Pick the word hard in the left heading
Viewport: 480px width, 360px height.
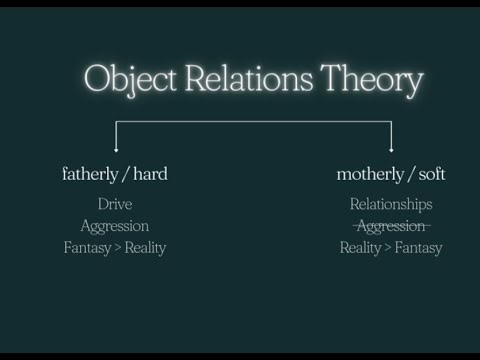(149, 174)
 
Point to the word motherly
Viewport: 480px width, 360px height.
(369, 174)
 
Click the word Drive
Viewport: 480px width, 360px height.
(115, 205)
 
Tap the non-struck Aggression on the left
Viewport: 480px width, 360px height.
(115, 226)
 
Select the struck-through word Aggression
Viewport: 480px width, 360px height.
(391, 226)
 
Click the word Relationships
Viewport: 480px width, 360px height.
(391, 205)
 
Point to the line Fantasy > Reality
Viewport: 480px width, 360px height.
(115, 247)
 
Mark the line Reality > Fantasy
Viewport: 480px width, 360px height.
(391, 247)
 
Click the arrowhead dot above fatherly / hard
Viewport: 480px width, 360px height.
(116, 151)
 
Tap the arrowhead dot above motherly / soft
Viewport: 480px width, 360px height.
(391, 151)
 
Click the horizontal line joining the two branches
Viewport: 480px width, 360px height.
(253, 122)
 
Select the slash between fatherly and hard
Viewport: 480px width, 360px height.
(124, 175)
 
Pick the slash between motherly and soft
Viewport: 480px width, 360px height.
(409, 175)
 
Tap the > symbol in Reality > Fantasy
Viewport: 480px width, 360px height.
(389, 248)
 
